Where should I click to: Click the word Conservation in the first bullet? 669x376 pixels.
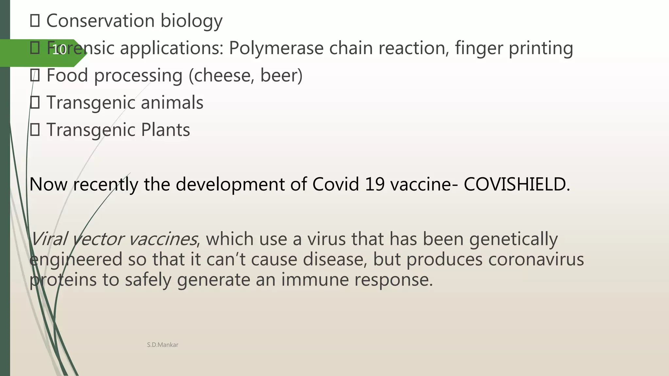(100, 21)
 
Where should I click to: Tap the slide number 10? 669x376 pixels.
(59, 50)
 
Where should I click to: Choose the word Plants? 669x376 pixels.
(165, 130)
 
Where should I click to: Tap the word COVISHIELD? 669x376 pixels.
(516, 184)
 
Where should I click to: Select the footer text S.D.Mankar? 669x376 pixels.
(162, 345)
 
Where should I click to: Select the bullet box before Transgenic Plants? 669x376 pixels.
(35, 130)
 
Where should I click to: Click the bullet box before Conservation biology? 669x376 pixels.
(35, 21)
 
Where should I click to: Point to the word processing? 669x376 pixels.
(138, 76)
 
